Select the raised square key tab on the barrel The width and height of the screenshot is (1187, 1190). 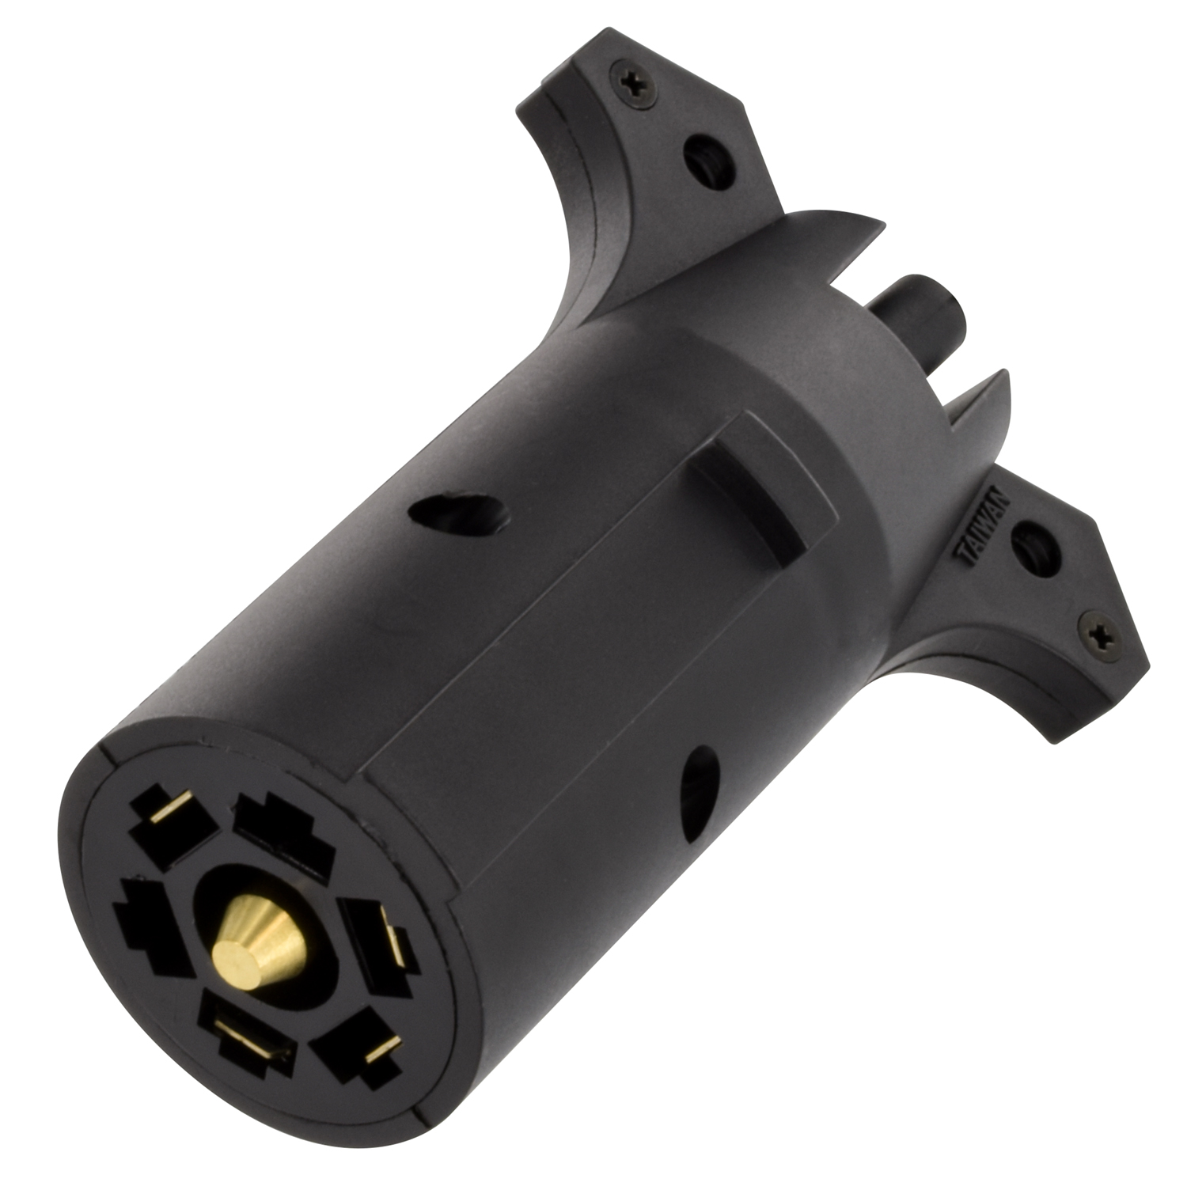765,479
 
